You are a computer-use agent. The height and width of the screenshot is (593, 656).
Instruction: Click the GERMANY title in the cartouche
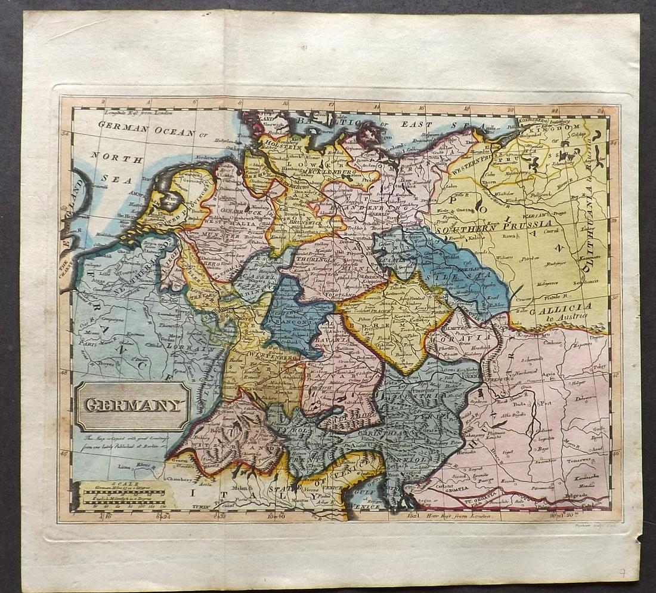coord(132,405)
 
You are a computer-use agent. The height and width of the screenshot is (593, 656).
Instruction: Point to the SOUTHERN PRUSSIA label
coord(487,227)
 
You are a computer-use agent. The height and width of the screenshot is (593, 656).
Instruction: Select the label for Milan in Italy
coord(224,487)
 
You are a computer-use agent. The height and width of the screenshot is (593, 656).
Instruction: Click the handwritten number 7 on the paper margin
coord(621,573)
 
